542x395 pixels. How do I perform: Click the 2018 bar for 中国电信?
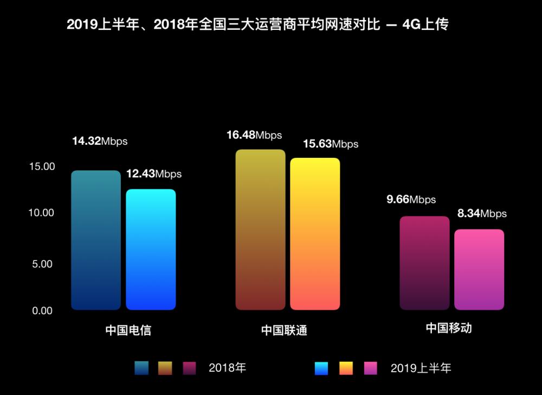[x=96, y=240]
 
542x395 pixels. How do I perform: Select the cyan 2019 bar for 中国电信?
[x=151, y=250]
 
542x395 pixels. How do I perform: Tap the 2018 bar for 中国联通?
[x=260, y=230]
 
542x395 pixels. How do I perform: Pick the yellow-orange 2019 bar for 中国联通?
[x=315, y=234]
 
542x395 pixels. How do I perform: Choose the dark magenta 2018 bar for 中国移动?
[x=424, y=263]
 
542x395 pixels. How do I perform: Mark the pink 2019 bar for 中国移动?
[x=479, y=270]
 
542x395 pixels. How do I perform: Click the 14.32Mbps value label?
[x=100, y=141]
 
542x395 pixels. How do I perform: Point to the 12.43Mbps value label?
[x=154, y=174]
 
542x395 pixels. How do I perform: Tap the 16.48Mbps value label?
[x=254, y=135]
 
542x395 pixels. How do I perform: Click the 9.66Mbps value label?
[x=411, y=200]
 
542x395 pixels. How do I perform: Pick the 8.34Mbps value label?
[x=482, y=213]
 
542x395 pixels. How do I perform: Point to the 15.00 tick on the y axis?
[x=42, y=167]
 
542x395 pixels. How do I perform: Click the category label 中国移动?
[x=448, y=328]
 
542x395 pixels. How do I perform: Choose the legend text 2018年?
[x=227, y=368]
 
